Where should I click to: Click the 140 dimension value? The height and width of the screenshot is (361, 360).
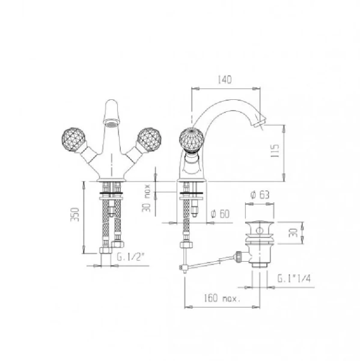(x=226, y=79)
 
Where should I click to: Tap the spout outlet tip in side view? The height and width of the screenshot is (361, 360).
(x=258, y=123)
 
